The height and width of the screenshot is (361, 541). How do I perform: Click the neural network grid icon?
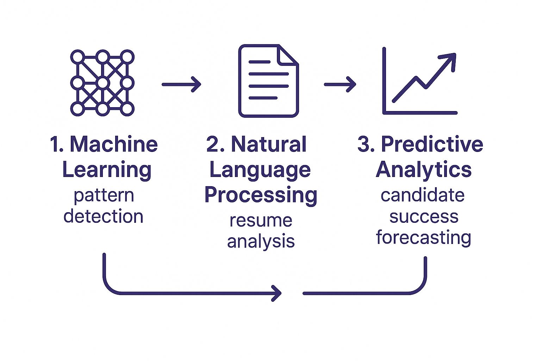(102, 83)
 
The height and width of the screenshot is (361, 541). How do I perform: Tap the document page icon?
(268, 81)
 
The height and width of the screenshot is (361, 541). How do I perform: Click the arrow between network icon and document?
(181, 84)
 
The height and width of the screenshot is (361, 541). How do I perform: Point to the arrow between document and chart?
(340, 84)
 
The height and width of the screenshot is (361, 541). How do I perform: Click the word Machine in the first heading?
(114, 144)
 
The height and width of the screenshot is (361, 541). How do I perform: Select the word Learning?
(107, 170)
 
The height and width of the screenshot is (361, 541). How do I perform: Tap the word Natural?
(268, 144)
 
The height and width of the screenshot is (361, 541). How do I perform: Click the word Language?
(260, 170)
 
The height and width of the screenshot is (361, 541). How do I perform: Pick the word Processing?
(261, 195)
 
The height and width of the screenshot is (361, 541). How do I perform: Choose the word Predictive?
(432, 144)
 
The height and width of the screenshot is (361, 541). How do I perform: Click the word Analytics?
(423, 170)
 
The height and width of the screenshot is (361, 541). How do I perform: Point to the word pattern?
(104, 196)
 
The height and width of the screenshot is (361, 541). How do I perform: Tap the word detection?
(104, 216)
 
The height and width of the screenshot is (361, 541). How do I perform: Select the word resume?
(261, 221)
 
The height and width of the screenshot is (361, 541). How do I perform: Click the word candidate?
(422, 195)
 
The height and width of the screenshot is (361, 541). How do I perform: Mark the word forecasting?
(423, 237)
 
